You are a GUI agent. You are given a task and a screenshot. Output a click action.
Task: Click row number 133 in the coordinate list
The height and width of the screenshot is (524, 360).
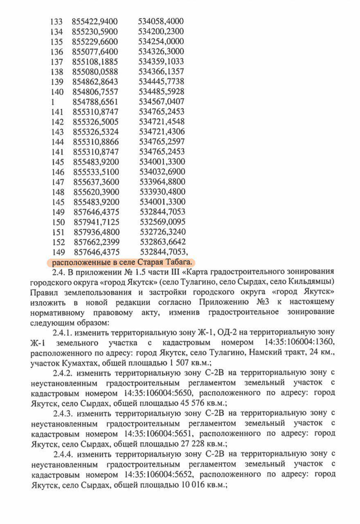tap(56, 22)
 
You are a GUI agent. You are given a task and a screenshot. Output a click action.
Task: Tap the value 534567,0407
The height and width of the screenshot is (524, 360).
tap(162, 102)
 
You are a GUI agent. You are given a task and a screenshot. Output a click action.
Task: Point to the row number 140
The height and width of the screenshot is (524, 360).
tap(56, 92)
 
